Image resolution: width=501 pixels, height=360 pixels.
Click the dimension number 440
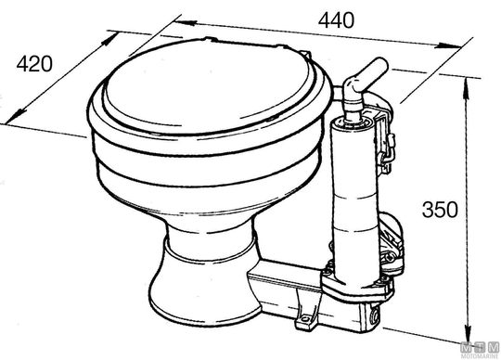click(x=336, y=20)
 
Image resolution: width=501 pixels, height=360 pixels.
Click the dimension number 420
click(x=34, y=64)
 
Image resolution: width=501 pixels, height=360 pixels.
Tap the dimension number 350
click(x=440, y=210)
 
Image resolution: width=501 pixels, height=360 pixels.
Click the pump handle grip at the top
click(x=372, y=71)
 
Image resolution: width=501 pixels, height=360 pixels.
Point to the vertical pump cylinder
click(x=354, y=198)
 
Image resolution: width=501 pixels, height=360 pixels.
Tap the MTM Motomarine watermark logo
click(x=481, y=351)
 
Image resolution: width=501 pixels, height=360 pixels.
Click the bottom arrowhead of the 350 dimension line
click(x=469, y=334)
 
